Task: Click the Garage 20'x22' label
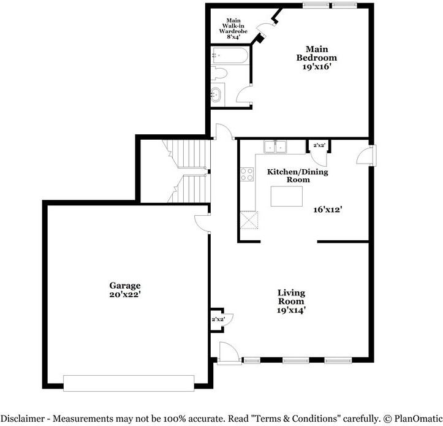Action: [x=125, y=290]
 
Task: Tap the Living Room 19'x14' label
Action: [x=291, y=302]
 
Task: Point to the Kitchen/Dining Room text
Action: [x=297, y=175]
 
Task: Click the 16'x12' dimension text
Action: [x=327, y=209]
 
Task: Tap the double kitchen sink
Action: [x=276, y=147]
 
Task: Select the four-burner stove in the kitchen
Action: [x=247, y=174]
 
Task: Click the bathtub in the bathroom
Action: [x=229, y=57]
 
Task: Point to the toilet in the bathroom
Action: [x=219, y=74]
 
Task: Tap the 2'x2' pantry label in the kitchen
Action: [x=319, y=145]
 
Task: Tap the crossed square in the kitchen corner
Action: [x=249, y=219]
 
